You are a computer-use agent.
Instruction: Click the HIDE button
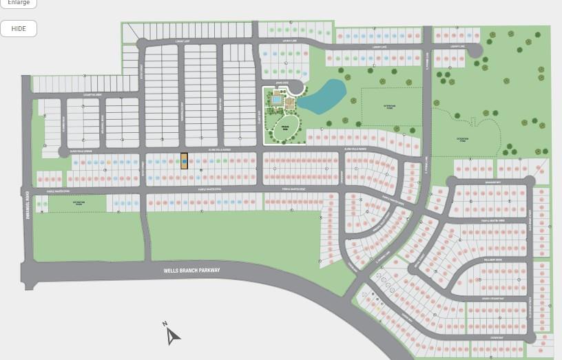point(19,28)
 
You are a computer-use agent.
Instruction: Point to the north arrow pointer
point(173,337)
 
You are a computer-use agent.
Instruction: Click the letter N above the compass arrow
point(165,324)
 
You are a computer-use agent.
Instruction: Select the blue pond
point(322,96)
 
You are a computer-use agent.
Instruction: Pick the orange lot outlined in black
point(184,160)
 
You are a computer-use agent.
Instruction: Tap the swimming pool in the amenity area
point(275,100)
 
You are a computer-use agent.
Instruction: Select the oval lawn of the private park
point(282,128)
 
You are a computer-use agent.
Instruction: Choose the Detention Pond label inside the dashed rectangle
point(391,107)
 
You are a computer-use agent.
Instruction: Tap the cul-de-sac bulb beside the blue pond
point(297,87)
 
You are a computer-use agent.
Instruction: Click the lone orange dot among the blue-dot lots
point(109,162)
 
